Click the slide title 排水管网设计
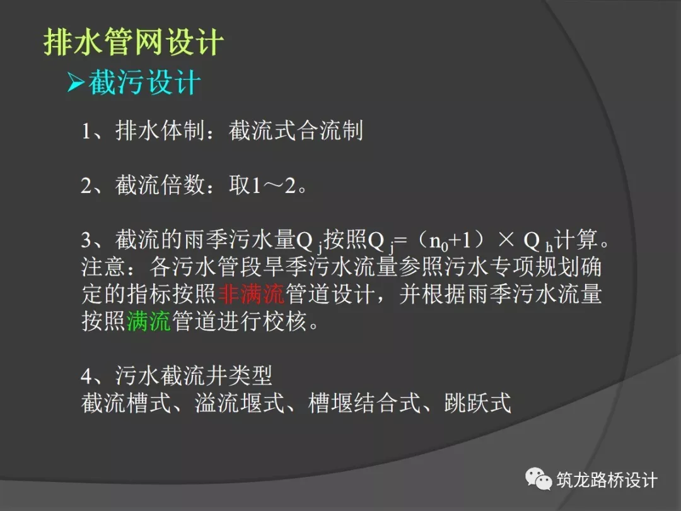(134, 44)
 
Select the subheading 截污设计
(144, 83)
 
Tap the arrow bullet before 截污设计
(76, 84)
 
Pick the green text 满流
(149, 322)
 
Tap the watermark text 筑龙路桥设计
(607, 480)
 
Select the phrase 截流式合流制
(296, 131)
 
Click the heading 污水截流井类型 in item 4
(194, 376)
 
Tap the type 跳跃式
(477, 403)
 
